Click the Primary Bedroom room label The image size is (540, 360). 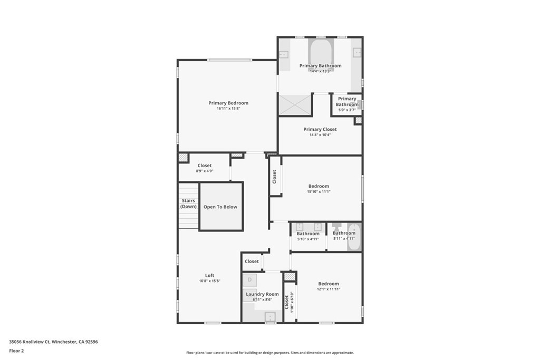coord(228,103)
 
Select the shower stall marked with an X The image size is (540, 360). coord(294,104)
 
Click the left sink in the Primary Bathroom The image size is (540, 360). coord(284,54)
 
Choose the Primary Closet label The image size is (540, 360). coord(320,129)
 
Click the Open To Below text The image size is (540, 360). coord(220,207)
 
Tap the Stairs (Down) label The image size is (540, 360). coord(188,203)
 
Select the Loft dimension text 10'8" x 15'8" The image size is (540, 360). coord(209,281)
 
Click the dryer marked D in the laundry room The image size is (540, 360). coord(250,280)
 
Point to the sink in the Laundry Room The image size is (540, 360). coord(269,316)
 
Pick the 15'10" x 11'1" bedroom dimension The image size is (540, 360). coord(319,192)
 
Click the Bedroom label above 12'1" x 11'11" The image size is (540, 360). coord(328,284)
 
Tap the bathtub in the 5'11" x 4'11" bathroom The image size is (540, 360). coord(353,237)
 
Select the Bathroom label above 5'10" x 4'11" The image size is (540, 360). coord(308,233)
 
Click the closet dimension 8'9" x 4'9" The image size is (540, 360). coord(204,171)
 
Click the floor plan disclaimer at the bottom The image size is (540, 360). coord(269,353)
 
